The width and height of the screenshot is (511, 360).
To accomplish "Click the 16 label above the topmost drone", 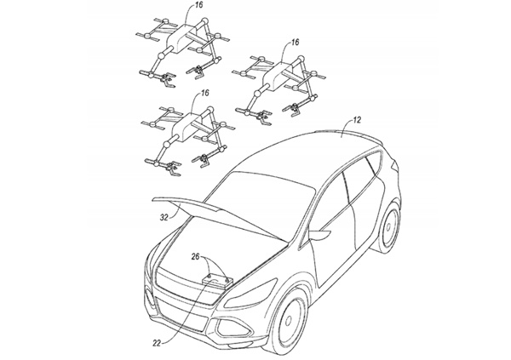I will [199, 6].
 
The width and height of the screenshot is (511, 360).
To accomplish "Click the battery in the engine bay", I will [219, 279].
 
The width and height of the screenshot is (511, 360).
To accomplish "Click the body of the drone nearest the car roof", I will [278, 79].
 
